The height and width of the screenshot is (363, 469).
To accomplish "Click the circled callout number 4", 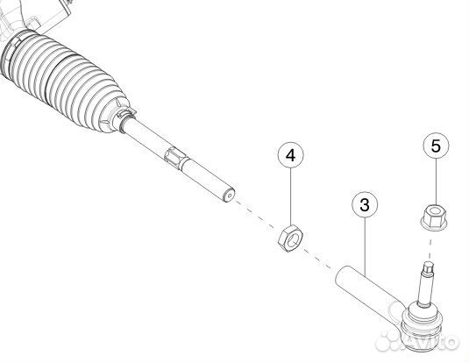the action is click(x=291, y=155).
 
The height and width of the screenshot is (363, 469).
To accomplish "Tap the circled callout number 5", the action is click(x=436, y=146).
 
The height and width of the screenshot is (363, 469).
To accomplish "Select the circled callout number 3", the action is click(x=365, y=205).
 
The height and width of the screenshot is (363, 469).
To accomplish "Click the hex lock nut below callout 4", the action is click(x=290, y=238).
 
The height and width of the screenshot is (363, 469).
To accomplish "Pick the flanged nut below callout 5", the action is click(x=434, y=217).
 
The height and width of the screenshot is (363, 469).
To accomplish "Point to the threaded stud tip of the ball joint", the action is click(x=429, y=267).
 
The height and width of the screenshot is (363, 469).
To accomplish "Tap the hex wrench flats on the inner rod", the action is click(x=176, y=157).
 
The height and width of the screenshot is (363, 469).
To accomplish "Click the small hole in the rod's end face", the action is click(x=230, y=196).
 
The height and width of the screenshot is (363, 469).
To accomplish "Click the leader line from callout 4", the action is click(x=291, y=196).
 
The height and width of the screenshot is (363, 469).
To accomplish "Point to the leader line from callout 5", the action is click(x=436, y=181).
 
